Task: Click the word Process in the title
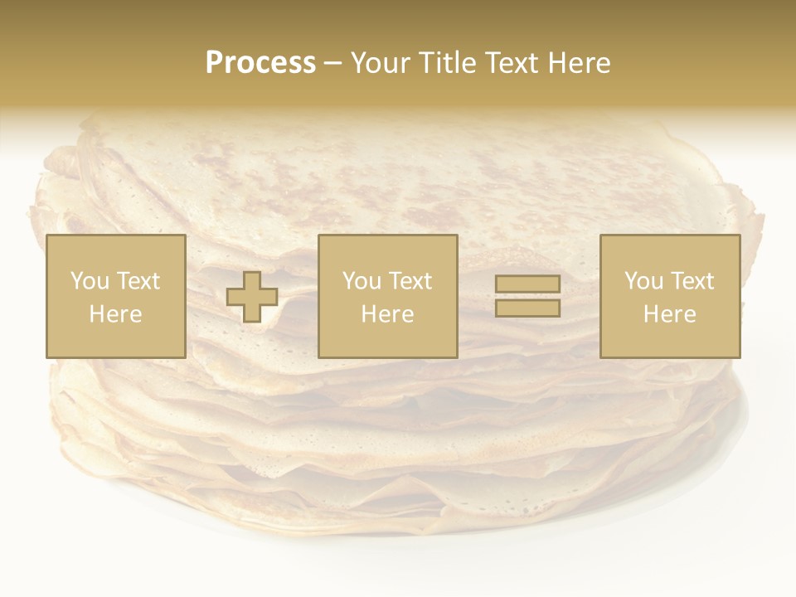(x=260, y=63)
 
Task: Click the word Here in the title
(x=580, y=63)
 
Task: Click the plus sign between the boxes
(x=252, y=296)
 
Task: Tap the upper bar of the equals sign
(x=527, y=284)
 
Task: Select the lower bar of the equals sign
(x=527, y=308)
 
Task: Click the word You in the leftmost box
(x=90, y=281)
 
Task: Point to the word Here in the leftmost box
(x=115, y=314)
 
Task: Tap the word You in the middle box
(x=362, y=281)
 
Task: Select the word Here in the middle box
(x=387, y=314)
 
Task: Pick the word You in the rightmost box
(x=643, y=281)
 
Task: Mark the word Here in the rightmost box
(x=669, y=314)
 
